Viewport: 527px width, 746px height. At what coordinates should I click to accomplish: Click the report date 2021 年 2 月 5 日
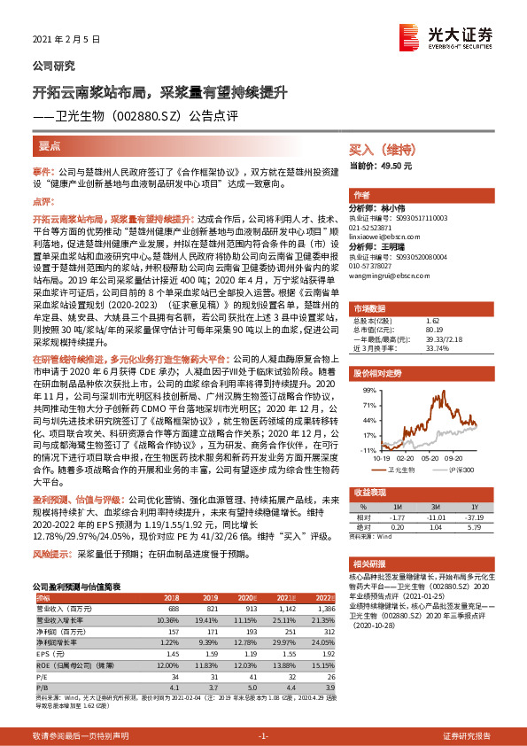pos(66,41)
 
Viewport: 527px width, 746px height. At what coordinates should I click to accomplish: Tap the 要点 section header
pos(50,146)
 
